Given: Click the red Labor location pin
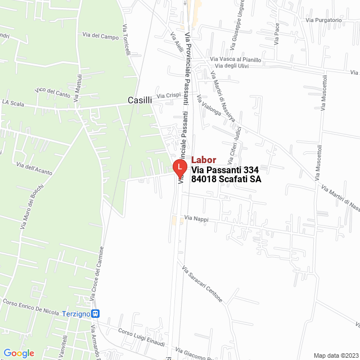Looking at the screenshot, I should click(x=179, y=167).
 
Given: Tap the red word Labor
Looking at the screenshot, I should click(x=204, y=160).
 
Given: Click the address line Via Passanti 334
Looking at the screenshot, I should click(x=224, y=170).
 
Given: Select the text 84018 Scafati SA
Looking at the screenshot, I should click(x=226, y=180).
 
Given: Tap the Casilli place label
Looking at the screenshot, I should click(x=139, y=100).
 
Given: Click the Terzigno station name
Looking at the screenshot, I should click(x=76, y=313).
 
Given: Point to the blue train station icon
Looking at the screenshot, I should click(x=96, y=313).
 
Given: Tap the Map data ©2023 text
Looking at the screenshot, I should click(x=335, y=355).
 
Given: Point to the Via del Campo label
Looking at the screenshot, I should click(x=101, y=37).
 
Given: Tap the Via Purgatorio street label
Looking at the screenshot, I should click(x=323, y=20).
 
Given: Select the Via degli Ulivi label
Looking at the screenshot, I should click(x=228, y=66).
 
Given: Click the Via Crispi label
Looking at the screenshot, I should click(x=168, y=96).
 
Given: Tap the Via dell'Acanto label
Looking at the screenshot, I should click(x=34, y=166).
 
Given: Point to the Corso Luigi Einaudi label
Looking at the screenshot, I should click(x=141, y=336).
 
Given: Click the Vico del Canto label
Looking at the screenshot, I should click(x=52, y=91).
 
